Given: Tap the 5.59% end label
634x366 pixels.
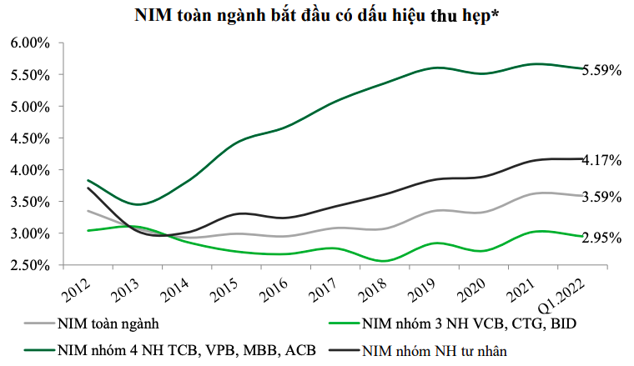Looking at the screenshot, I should click(601, 71).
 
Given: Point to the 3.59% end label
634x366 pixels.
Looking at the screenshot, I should click(601, 198).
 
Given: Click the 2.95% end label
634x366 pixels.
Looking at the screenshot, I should click(601, 238).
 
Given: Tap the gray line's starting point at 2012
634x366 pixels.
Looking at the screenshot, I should click(88, 211).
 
